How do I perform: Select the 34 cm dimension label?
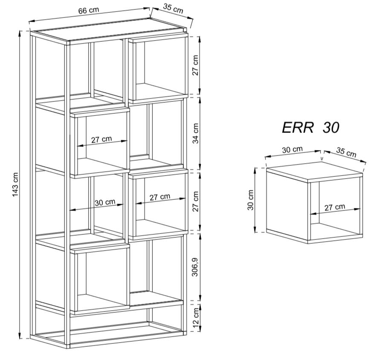[x=196, y=133]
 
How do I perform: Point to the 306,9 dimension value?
[x=195, y=267]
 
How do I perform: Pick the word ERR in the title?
[x=298, y=128]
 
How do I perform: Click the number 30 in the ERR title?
[x=331, y=128]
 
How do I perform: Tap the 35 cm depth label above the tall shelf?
[x=173, y=8]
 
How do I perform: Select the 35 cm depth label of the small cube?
[x=346, y=152]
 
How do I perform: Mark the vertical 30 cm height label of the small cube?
[x=251, y=200]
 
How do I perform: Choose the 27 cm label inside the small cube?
[x=335, y=207]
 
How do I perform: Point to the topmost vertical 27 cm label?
[x=195, y=65]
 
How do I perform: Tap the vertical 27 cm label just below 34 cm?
[x=195, y=201]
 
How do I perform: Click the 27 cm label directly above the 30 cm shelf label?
[x=102, y=139]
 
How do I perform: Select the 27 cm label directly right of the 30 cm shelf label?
[x=160, y=197]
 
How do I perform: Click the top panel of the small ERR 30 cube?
[x=314, y=169]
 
